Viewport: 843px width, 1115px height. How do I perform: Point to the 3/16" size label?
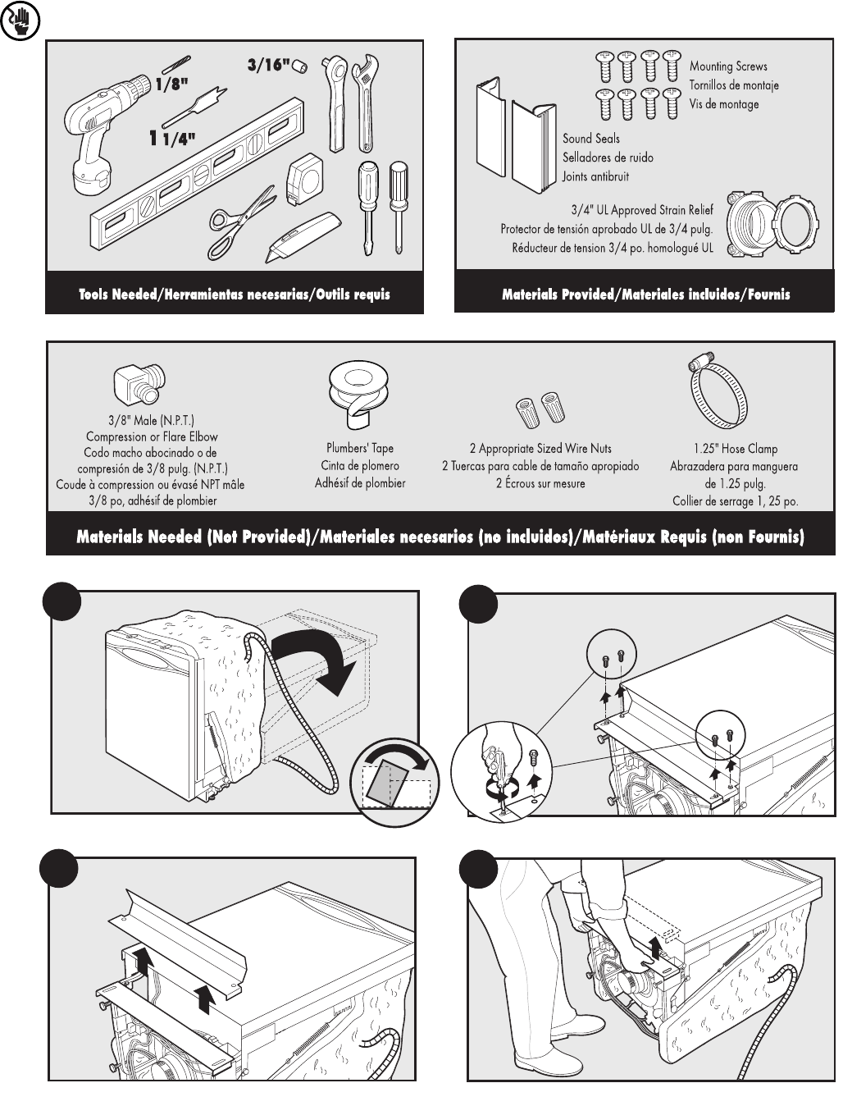268,65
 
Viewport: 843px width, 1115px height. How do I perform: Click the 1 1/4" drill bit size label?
172,139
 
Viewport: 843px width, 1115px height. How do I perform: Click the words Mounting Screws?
728,66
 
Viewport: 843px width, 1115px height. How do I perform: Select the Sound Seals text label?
590,139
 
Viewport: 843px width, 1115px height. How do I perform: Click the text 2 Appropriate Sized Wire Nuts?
540,449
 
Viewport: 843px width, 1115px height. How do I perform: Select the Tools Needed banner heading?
235,294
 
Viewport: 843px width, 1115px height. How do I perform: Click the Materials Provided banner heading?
645,294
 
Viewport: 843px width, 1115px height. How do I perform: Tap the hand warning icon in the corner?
16,23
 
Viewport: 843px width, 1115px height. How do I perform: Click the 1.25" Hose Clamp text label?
734,449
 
